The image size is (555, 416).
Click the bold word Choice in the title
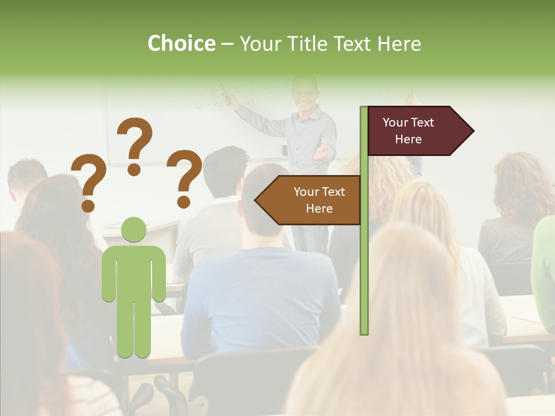coord(181,43)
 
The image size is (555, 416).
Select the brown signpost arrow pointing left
coord(309,200)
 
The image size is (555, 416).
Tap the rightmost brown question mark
coord(184,178)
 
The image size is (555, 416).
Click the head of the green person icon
coord(134,230)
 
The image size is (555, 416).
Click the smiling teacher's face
coord(305,93)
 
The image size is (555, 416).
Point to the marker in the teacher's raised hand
coord(224,89)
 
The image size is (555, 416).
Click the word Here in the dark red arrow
coord(408,139)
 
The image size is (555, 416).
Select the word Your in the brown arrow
coord(306,192)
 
